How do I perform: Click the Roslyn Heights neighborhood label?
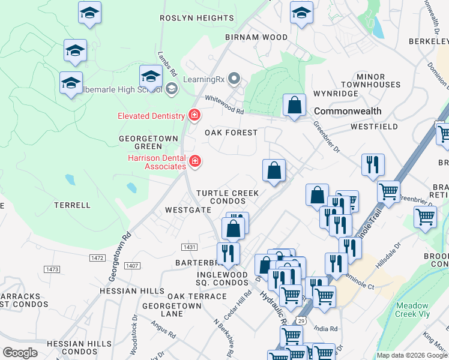tap(196, 19)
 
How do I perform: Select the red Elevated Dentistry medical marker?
tap(194, 115)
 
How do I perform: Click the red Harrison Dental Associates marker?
tap(195, 161)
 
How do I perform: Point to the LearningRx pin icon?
tap(235, 79)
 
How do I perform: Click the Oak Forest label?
tap(231, 133)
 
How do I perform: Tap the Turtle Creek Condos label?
tap(228, 197)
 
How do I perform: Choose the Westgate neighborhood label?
tap(188, 211)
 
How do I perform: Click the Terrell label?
tap(72, 205)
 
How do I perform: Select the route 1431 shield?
tap(190, 247)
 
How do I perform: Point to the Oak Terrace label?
tap(197, 297)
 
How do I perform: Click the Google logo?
tap(20, 353)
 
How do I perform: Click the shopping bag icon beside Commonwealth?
tap(294, 106)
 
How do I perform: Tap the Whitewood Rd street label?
tap(224, 104)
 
